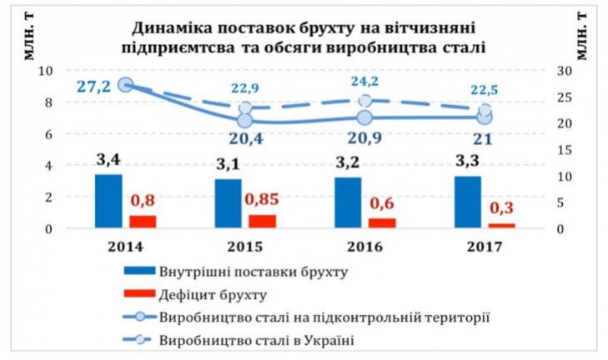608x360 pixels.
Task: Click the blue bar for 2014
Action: coord(108,200)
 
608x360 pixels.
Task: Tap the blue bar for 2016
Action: coord(348,202)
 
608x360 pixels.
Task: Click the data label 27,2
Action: coord(93,86)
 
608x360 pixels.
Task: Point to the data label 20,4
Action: coord(245,138)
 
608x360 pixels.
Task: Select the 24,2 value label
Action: coord(364,84)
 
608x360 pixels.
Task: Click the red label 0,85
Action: coord(262,201)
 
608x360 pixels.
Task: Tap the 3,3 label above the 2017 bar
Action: coord(469,158)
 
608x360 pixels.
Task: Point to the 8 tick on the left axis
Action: coord(48,102)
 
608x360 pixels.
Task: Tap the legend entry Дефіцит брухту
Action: coord(220,293)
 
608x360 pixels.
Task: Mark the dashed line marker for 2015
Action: coord(245,108)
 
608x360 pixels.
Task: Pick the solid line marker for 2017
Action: coord(485,117)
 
